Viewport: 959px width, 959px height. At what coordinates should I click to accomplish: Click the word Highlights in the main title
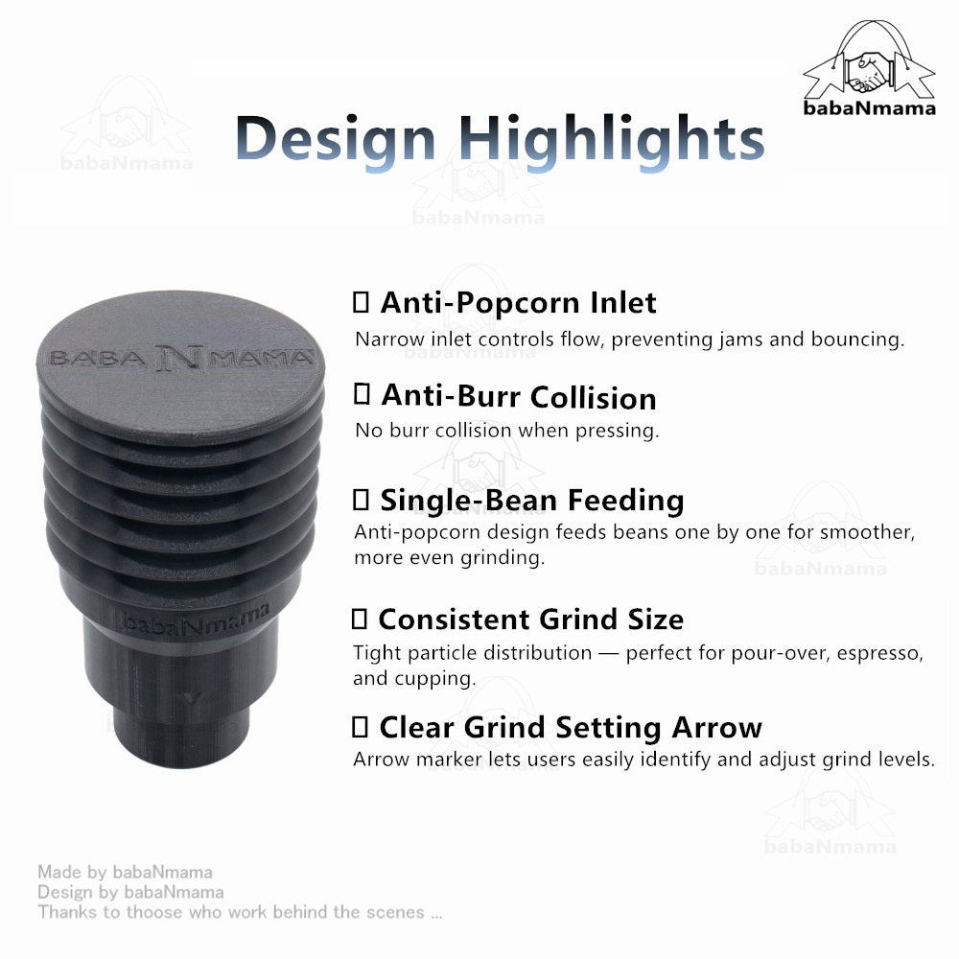click(612, 139)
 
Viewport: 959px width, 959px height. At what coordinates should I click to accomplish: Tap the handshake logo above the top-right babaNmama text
click(868, 62)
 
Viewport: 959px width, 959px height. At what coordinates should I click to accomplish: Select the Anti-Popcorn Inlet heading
click(518, 303)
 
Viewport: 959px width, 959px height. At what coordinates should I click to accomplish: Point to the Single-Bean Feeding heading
click(531, 500)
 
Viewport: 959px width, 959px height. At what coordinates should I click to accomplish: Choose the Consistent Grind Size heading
click(530, 619)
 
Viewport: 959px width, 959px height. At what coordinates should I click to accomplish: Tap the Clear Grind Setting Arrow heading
click(570, 727)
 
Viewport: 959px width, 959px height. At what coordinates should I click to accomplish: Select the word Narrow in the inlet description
click(383, 339)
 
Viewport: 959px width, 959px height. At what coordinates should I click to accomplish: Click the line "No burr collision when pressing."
click(506, 431)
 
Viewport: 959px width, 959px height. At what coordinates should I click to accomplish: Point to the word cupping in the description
click(441, 679)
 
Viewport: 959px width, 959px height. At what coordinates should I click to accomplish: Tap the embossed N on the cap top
click(179, 357)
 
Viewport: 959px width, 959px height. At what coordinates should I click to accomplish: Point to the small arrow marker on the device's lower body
click(196, 698)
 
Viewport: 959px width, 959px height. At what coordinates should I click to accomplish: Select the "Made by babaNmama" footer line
click(125, 872)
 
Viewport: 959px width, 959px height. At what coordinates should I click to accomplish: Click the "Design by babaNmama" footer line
click(130, 892)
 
